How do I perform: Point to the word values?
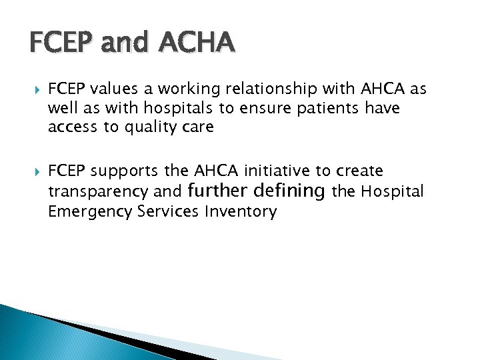coord(111,90)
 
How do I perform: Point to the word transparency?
coord(99,192)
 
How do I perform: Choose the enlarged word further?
coord(219,191)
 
